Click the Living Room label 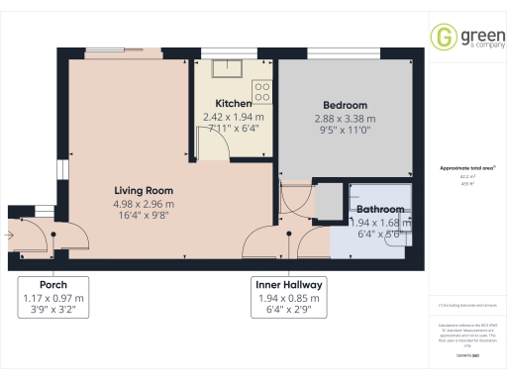(144, 191)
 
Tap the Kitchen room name (235, 103)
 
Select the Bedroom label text (345, 106)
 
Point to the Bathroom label (379, 210)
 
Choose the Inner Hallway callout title (288, 284)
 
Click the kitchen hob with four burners (262, 91)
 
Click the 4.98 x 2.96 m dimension (144, 205)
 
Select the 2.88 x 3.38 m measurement (345, 119)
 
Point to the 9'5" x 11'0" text (345, 131)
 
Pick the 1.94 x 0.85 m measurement (288, 297)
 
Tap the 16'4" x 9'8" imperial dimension (144, 217)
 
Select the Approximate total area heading (466, 168)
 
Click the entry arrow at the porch (7, 236)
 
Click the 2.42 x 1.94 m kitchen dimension (235, 116)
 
